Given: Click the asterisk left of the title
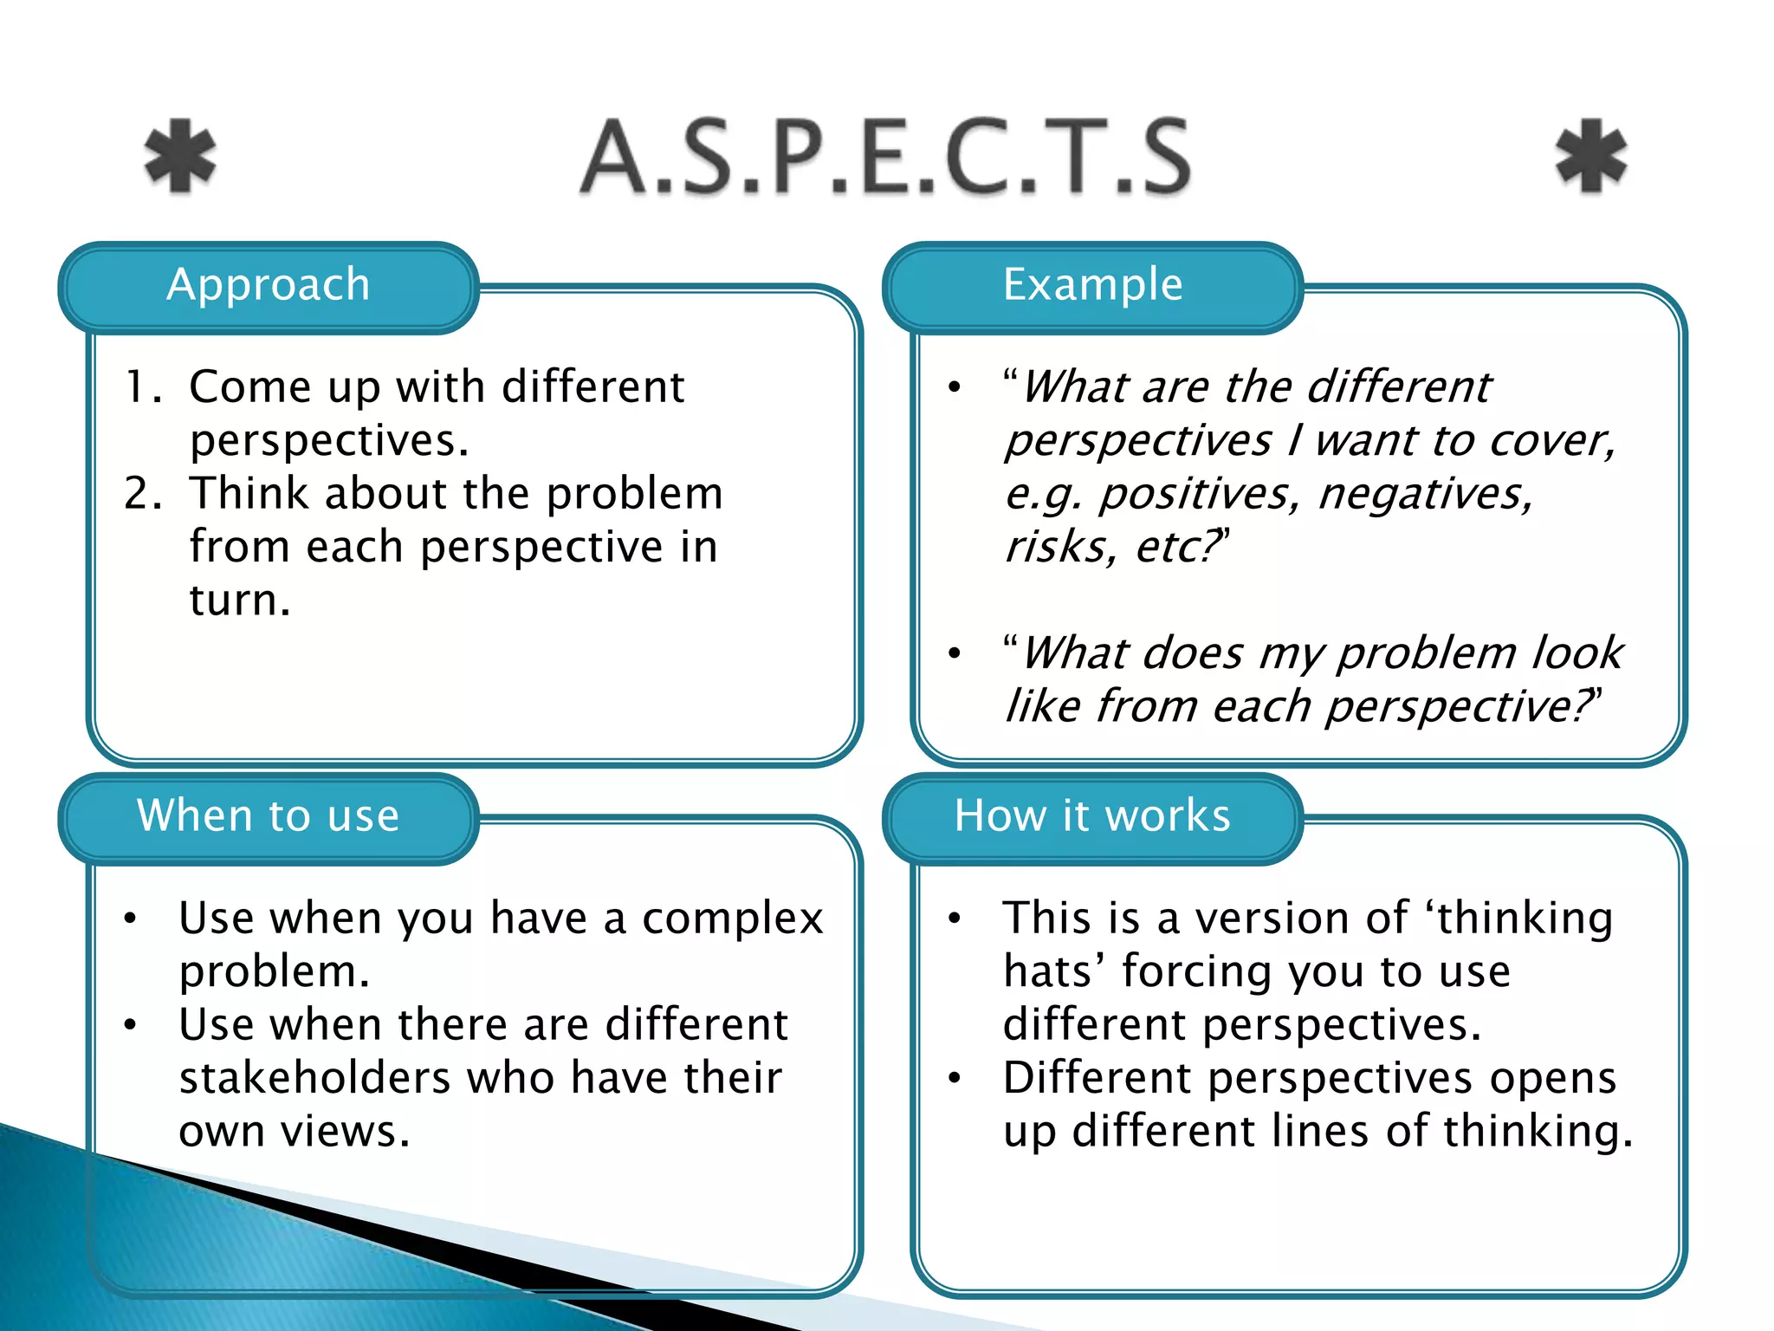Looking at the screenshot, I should point(180,156).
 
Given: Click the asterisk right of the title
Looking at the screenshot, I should point(1591,156).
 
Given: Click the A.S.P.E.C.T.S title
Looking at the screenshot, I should point(885,157).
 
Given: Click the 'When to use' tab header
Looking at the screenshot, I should point(269,816).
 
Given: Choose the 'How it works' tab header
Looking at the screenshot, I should point(1093,816).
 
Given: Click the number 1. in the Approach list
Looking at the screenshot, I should point(143,387).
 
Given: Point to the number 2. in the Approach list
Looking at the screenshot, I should point(143,494).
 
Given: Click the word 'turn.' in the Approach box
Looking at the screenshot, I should point(240,601).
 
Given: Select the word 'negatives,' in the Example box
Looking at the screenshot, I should point(1426,495).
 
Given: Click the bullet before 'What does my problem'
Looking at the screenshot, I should point(955,653).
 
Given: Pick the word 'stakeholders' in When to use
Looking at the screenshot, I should point(315,1078).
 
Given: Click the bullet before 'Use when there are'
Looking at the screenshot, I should point(130,1025).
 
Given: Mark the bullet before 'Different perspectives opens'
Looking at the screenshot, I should point(955,1078).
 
